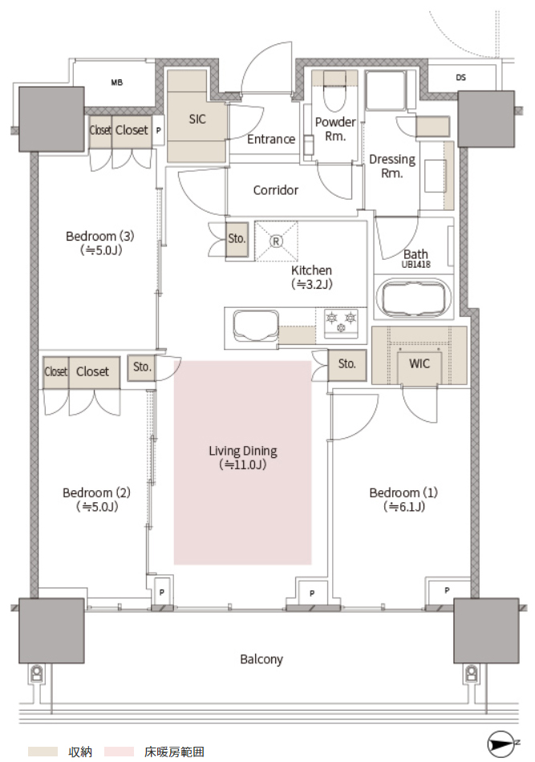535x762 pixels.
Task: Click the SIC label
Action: (x=197, y=119)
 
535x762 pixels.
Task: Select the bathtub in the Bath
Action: (x=414, y=297)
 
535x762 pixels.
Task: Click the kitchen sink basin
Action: (x=255, y=326)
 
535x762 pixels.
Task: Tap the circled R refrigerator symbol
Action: (x=276, y=241)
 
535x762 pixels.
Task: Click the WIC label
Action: (x=419, y=363)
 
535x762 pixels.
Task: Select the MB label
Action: (x=116, y=83)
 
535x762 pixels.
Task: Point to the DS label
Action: (x=460, y=77)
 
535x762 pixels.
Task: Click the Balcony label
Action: (x=261, y=659)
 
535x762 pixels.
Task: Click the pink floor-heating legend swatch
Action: (x=119, y=752)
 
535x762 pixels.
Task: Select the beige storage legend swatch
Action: (x=43, y=752)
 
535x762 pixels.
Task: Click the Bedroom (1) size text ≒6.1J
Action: (x=404, y=507)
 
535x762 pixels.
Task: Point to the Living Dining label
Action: (x=243, y=451)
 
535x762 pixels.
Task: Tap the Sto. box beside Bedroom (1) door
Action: (x=347, y=364)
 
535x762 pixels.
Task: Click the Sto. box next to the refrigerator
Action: (x=237, y=239)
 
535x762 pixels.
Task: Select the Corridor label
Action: (x=275, y=190)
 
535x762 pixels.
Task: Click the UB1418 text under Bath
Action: (x=416, y=265)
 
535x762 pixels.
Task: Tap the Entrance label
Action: (x=271, y=140)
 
